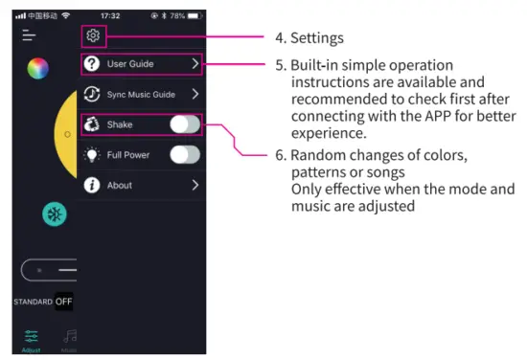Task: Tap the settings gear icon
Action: point(93,36)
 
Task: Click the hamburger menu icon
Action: point(30,35)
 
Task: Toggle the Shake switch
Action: point(185,124)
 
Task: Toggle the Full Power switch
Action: point(185,155)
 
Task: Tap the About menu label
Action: point(120,186)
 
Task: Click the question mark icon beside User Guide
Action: point(93,64)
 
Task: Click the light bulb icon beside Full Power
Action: point(93,155)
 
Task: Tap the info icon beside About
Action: point(93,186)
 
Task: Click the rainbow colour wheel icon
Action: point(37,68)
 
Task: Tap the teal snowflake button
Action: point(54,214)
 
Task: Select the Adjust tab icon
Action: point(32,335)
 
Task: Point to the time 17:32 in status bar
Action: point(110,15)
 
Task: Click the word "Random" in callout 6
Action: point(317,156)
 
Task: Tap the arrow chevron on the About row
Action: point(195,186)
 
